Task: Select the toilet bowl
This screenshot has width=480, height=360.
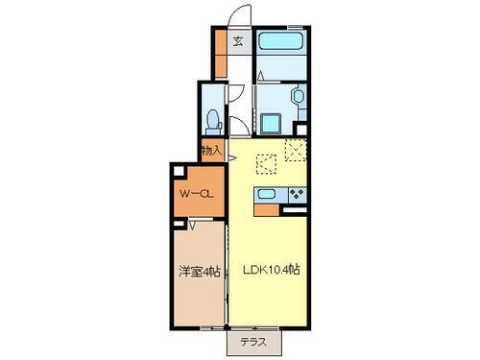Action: (x=214, y=121)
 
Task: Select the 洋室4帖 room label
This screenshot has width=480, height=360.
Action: (x=200, y=272)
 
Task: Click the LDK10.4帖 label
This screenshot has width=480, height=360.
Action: (x=269, y=271)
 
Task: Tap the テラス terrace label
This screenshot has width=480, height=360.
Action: (x=254, y=341)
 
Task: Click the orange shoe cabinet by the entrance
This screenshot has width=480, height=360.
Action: (x=220, y=57)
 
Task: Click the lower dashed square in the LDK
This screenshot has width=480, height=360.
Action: (x=266, y=164)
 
